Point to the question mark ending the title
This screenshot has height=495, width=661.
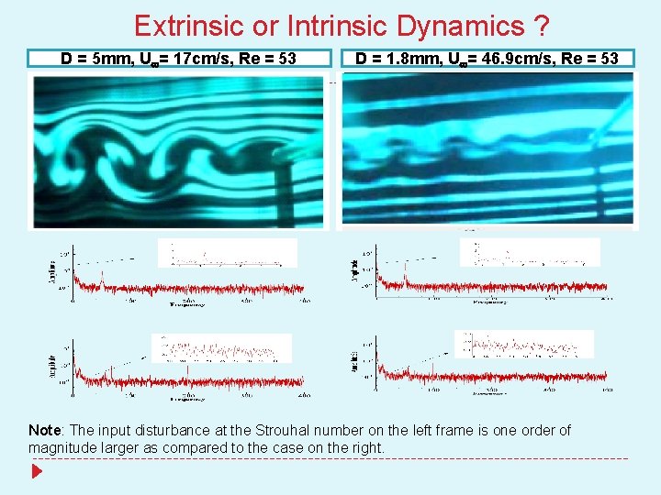542,26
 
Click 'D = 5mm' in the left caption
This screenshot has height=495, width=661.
94,59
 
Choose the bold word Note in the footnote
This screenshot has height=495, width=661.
45,431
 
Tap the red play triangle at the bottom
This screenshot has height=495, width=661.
36,473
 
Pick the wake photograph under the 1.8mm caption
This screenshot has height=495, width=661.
487,150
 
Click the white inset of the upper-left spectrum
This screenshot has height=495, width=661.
228,253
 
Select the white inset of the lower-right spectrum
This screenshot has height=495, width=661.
523,345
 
